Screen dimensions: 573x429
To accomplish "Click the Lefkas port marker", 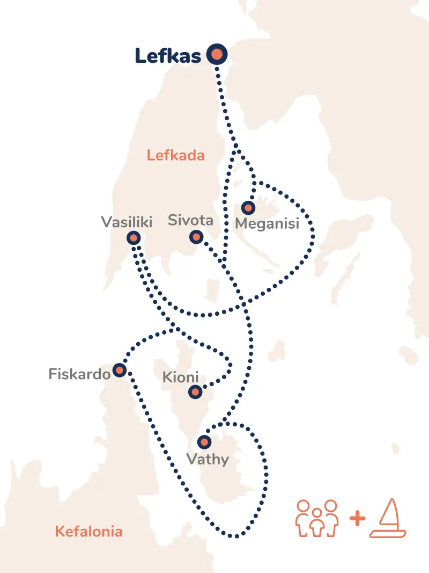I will [x=217, y=54].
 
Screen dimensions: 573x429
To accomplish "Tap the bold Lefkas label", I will [x=167, y=55].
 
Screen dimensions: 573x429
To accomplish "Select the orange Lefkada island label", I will [x=176, y=156].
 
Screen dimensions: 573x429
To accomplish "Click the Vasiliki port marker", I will [x=134, y=237].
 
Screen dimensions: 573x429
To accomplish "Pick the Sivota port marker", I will [x=196, y=237].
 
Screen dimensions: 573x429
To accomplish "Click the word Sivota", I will [x=190, y=220].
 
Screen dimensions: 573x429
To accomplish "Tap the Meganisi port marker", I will [x=248, y=207].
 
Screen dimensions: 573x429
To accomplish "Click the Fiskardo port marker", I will [x=119, y=370].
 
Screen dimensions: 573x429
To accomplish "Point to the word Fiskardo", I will [x=79, y=373].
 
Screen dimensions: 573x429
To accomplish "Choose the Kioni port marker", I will [x=196, y=393].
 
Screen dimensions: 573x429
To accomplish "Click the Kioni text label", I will [x=180, y=378].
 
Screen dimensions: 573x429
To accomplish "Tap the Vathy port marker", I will [x=204, y=443].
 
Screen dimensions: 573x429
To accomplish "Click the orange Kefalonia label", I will [x=88, y=532].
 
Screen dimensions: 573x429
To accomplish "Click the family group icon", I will [x=317, y=518].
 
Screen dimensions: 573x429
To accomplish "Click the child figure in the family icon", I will [x=317, y=524].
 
